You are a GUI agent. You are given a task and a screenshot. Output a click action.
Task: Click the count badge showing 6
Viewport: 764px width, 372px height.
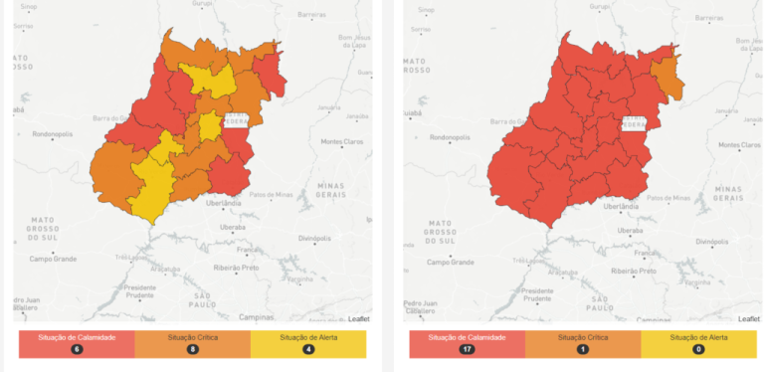tap(75, 350)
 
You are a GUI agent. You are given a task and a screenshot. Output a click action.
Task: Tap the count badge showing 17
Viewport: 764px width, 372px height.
tap(466, 350)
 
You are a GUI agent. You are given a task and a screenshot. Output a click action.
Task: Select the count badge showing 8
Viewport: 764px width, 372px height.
tap(191, 350)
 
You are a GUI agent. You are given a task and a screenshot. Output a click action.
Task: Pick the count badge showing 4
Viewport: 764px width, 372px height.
tap(307, 350)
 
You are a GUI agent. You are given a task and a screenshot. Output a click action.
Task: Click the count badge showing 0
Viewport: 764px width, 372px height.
tap(697, 350)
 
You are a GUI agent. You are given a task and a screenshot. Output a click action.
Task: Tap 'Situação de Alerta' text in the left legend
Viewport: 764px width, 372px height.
tap(307, 338)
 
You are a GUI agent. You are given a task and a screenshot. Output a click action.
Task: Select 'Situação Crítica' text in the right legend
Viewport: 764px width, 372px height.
tap(582, 338)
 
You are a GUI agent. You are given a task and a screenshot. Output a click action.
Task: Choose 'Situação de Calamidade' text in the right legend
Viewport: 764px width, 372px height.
tap(466, 338)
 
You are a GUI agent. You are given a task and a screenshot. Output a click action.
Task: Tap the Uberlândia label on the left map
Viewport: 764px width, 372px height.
tap(223, 203)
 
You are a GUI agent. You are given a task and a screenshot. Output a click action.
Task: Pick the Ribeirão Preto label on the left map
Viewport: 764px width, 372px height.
tap(248, 270)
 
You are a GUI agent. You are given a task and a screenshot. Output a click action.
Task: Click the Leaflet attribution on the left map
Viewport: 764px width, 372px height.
tap(358, 317)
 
